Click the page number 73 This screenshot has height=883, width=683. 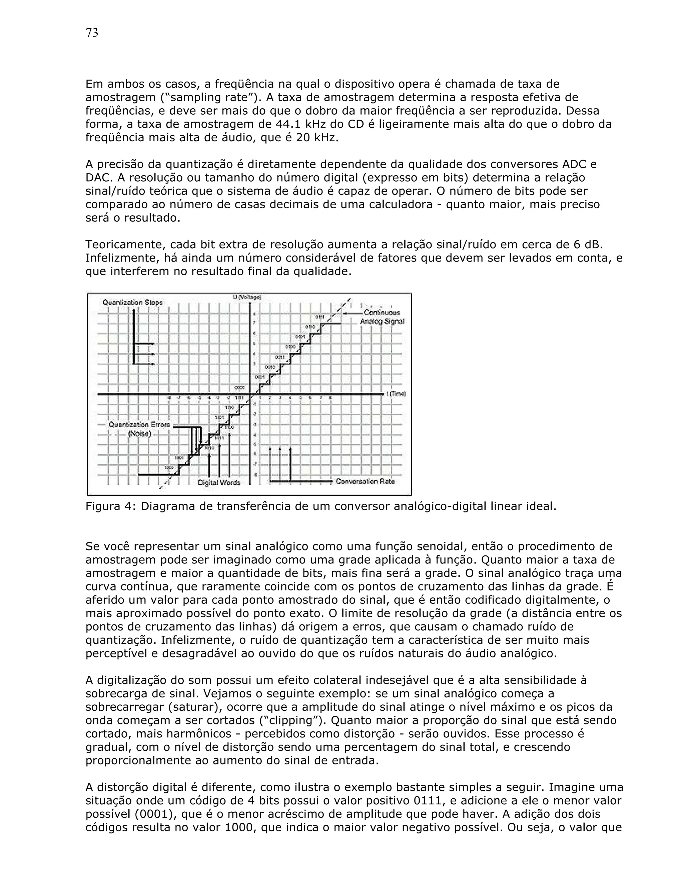[92, 33]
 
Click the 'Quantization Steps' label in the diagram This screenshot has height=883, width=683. [132, 303]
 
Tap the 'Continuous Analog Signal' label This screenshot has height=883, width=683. [382, 317]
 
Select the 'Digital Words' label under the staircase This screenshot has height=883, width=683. [219, 482]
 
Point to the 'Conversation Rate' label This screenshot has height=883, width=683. [365, 481]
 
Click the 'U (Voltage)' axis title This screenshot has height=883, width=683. [247, 298]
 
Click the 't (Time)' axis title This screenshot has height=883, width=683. [396, 394]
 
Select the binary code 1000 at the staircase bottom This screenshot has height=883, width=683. [169, 467]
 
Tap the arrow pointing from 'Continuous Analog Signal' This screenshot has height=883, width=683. [352, 313]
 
